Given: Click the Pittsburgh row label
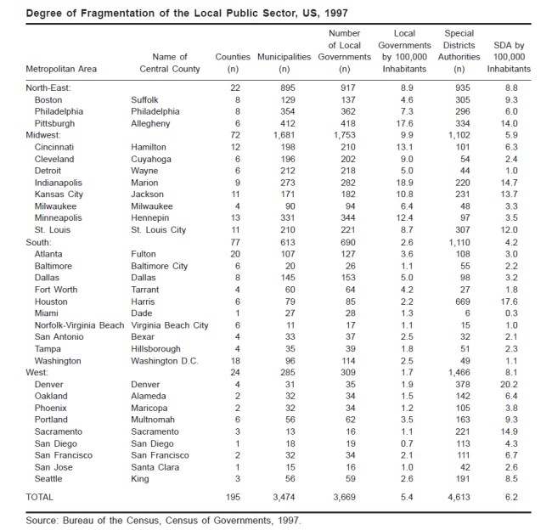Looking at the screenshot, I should [x=55, y=122].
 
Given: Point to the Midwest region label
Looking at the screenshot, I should [x=45, y=134].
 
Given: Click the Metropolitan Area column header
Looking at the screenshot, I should [x=65, y=68].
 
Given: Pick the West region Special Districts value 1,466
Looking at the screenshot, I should [x=459, y=372].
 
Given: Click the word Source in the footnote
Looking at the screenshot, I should [x=40, y=519].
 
